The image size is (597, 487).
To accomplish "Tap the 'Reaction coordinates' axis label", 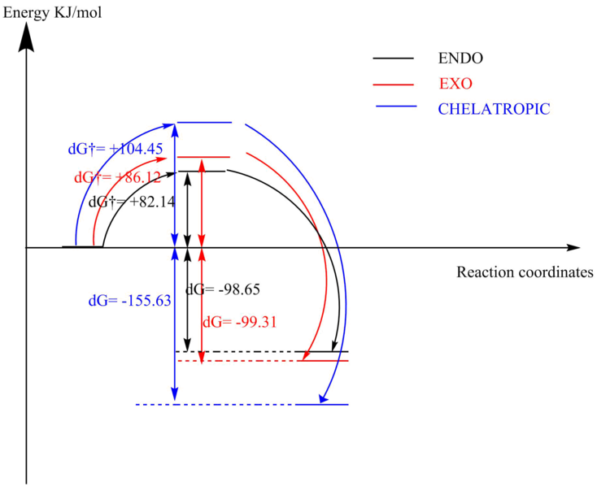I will coord(524,272).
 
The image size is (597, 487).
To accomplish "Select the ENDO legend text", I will coord(460,59).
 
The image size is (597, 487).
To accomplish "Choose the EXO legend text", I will coord(456,84).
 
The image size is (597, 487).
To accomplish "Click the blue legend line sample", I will coord(396,108).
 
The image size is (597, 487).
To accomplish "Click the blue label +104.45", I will coord(115,148).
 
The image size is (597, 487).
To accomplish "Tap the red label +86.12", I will coord(117,176).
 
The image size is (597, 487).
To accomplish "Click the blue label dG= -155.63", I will coord(129,300).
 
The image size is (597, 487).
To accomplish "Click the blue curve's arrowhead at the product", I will coord(324,398).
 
